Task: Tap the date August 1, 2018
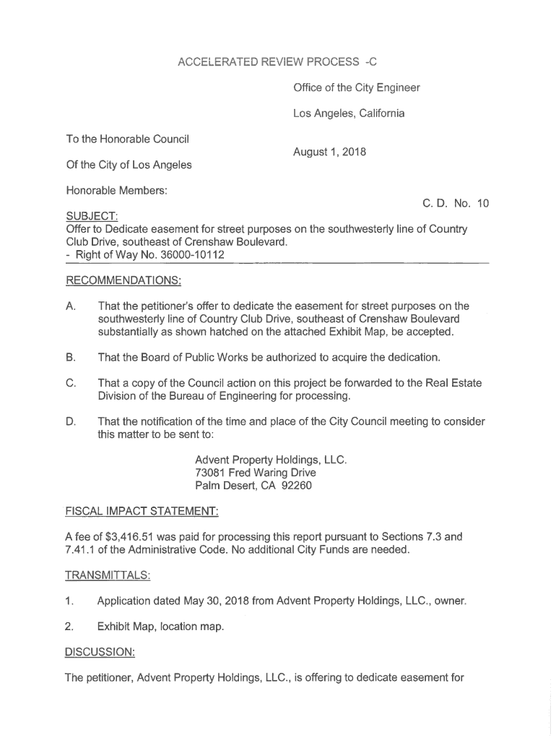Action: pyautogui.click(x=330, y=152)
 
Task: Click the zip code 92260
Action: pyautogui.click(x=296, y=486)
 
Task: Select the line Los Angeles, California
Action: pyautogui.click(x=349, y=113)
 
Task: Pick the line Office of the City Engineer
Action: pyautogui.click(x=357, y=88)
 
